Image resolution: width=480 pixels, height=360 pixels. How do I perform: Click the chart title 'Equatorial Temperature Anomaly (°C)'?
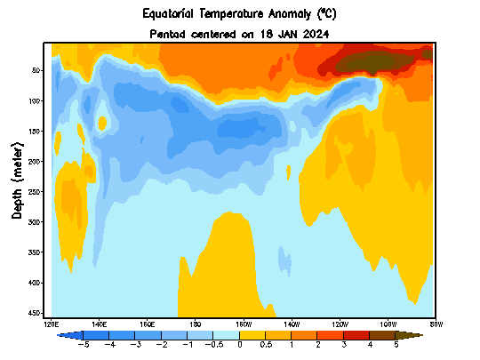tap(240, 14)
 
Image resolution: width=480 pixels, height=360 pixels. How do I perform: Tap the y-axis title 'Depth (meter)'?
tap(18, 179)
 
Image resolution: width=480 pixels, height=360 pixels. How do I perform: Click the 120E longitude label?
tap(52, 324)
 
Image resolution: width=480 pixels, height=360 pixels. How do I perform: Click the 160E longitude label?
tap(148, 324)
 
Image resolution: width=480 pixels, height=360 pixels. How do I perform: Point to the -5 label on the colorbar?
tap(84, 343)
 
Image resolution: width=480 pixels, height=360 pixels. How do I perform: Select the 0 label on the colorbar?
tap(240, 343)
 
